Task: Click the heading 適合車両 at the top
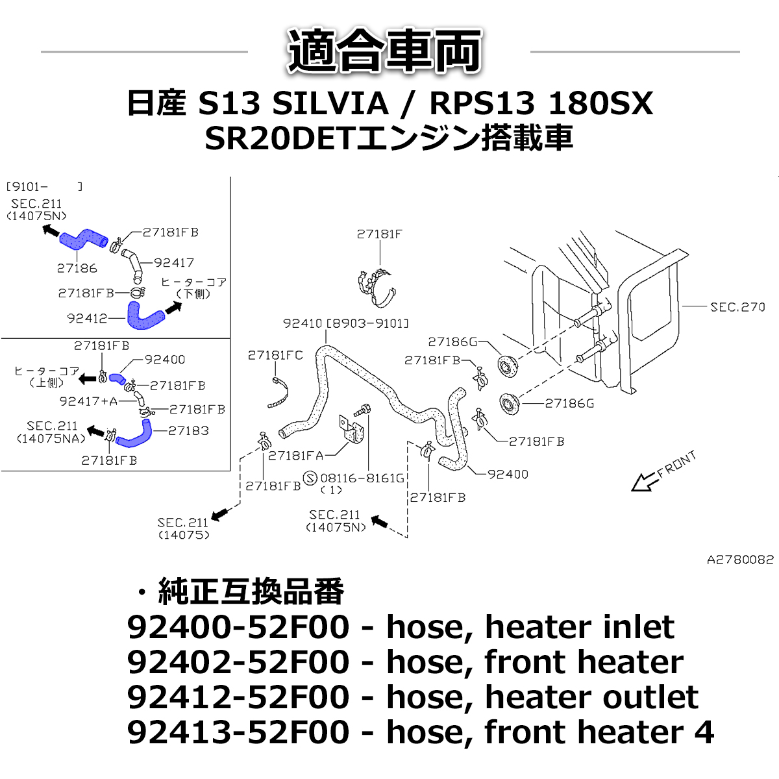tap(386, 51)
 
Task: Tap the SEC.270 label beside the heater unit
tap(737, 306)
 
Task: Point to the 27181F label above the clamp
tap(379, 234)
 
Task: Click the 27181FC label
tap(275, 355)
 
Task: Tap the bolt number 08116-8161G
tap(362, 478)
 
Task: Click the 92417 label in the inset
tap(174, 262)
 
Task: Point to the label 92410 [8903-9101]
tap(346, 323)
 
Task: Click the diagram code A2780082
tap(740, 560)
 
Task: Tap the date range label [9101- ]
tap(44, 187)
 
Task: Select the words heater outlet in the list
tap(591, 697)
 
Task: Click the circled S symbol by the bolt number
tap(310, 478)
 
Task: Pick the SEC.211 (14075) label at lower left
tap(184, 528)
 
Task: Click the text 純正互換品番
tap(251, 591)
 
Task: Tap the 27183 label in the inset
tap(188, 430)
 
